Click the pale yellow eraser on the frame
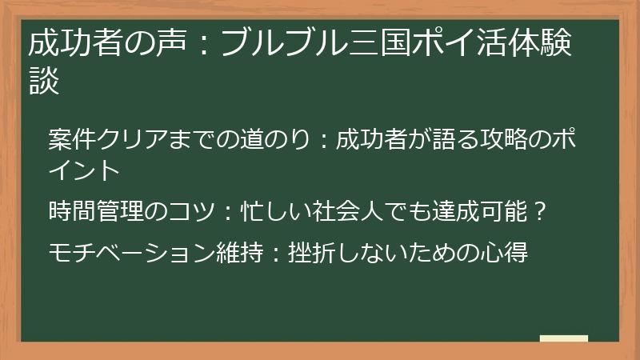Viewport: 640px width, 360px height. [x=563, y=338]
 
